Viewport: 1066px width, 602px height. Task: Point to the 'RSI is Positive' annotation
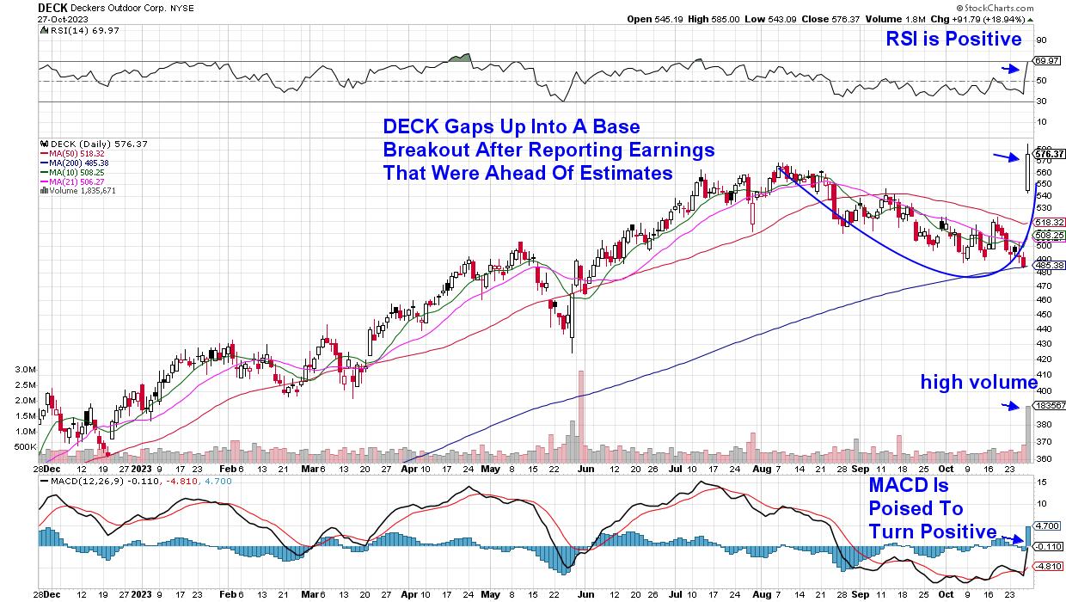click(955, 39)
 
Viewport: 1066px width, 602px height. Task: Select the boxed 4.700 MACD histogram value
click(1049, 525)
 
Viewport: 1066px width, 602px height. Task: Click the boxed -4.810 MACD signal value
click(1049, 566)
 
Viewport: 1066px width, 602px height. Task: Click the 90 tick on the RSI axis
click(1040, 40)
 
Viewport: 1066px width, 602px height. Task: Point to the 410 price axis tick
click(1043, 374)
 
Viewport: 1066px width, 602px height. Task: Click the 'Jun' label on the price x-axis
click(586, 472)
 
